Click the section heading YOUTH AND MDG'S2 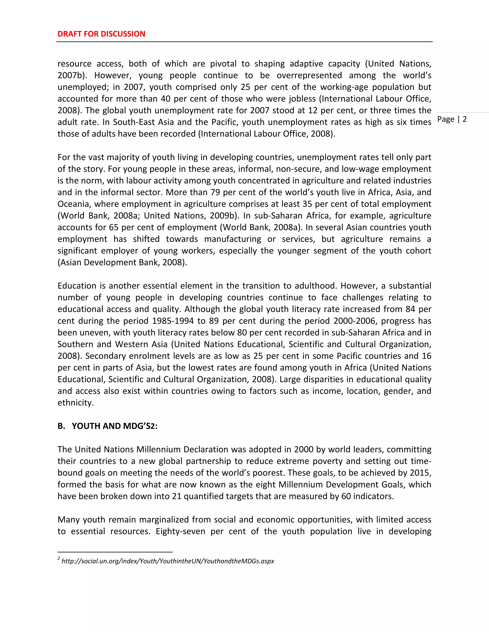[114, 426]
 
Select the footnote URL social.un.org [167, 561]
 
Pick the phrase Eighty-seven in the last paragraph [180, 531]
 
